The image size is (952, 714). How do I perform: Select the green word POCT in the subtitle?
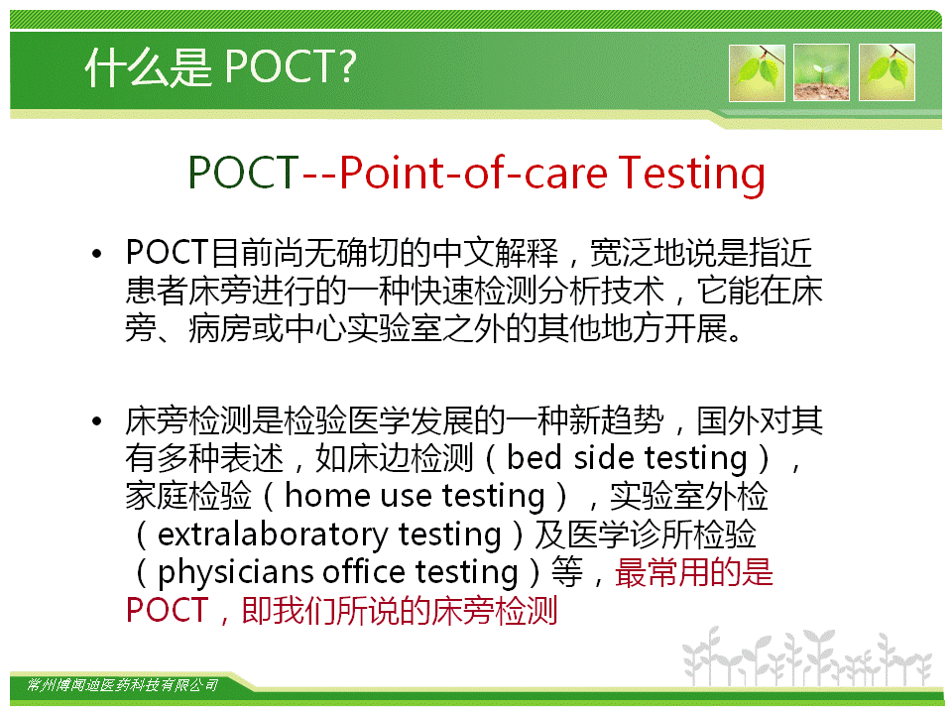point(244,173)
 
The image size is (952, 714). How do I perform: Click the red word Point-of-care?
point(473,173)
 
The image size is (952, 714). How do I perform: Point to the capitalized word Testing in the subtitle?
point(691,175)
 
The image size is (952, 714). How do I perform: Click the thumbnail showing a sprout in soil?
point(821,72)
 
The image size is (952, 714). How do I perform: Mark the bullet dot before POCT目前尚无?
point(96,253)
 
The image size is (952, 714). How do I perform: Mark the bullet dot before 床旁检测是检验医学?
point(96,420)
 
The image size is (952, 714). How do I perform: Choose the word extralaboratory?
point(273,535)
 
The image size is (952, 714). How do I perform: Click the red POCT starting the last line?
point(167,610)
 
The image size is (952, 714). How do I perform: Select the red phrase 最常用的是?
point(694,572)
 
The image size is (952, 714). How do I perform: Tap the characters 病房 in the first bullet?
point(219,329)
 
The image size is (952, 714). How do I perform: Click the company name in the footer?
point(122,685)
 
